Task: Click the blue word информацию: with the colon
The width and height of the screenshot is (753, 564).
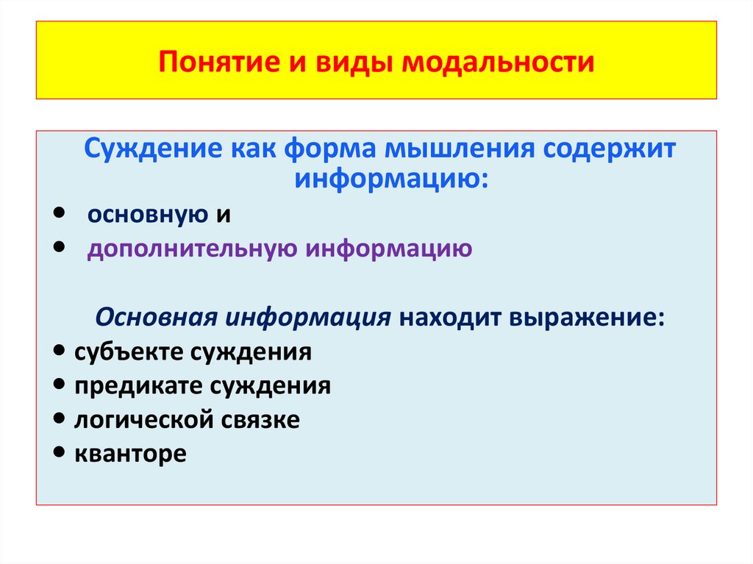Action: click(x=390, y=179)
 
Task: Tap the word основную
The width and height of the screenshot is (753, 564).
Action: click(x=147, y=214)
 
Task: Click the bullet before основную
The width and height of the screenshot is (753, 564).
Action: click(x=60, y=213)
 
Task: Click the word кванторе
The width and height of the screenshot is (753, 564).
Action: click(x=130, y=454)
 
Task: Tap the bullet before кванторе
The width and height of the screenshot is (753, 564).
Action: click(x=60, y=454)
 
